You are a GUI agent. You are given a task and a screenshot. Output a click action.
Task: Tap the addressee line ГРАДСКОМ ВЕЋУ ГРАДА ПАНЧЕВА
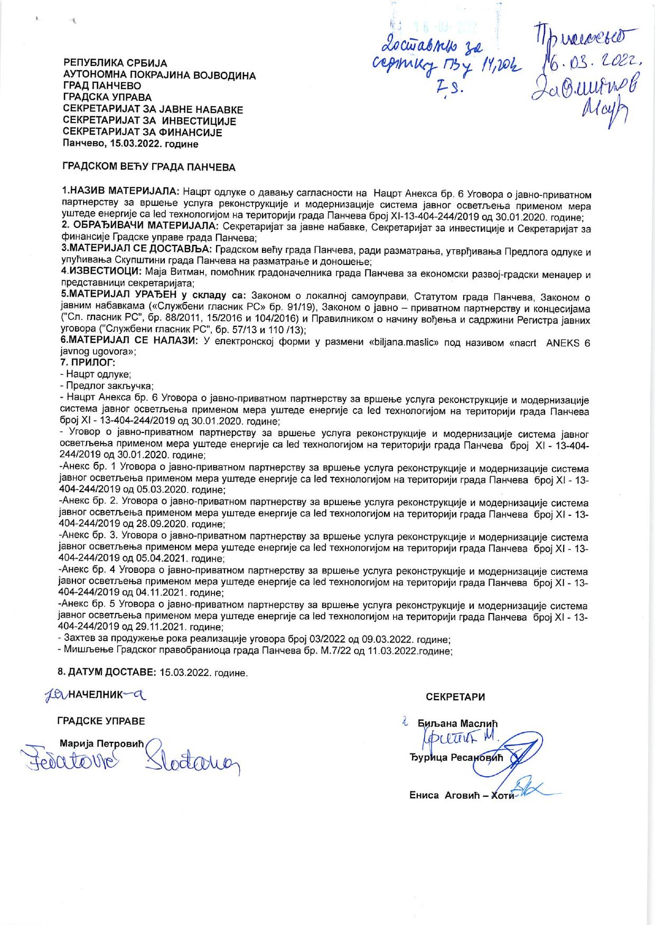click(148, 167)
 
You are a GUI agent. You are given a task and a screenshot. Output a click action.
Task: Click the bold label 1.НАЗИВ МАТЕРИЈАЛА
click(121, 190)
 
